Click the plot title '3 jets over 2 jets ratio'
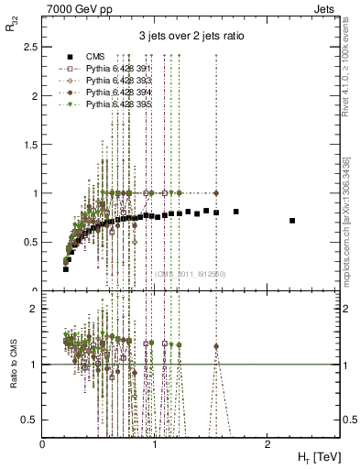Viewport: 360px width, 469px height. click(191, 38)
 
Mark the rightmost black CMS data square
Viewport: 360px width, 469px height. click(292, 221)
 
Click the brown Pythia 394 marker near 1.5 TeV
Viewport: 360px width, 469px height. click(216, 193)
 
